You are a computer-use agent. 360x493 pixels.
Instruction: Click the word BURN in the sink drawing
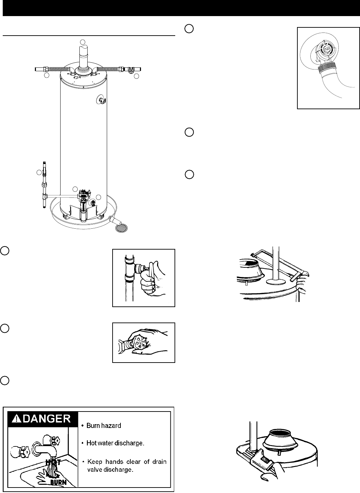click(x=58, y=482)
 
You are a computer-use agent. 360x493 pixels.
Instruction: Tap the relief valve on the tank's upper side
click(x=102, y=100)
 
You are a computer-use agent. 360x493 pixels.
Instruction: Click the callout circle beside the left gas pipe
click(x=39, y=173)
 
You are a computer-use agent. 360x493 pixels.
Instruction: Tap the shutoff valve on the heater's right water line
click(x=130, y=71)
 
